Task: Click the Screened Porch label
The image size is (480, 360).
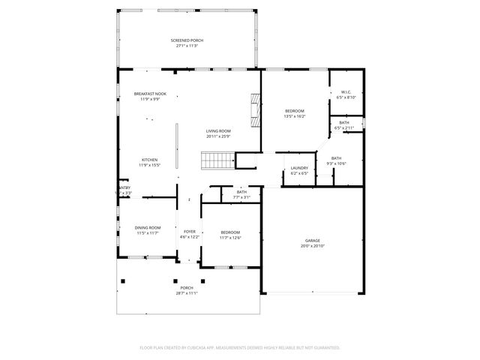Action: [x=187, y=40]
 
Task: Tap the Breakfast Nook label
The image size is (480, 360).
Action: [x=150, y=94]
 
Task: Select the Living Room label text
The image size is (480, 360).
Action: [x=218, y=130]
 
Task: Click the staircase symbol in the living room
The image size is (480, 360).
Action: [x=214, y=160]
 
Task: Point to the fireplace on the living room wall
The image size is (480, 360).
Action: [x=256, y=110]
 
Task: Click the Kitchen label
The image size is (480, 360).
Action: [x=150, y=160]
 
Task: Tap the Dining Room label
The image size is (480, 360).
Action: [x=148, y=227]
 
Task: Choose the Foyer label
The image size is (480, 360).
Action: [x=190, y=232]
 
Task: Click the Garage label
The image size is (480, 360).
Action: [x=312, y=240]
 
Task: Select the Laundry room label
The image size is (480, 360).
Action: [x=299, y=168]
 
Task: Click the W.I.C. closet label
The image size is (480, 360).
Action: [x=346, y=91]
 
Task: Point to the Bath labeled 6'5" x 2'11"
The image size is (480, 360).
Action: [x=343, y=123]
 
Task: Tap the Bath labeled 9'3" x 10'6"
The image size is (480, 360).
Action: [x=336, y=157]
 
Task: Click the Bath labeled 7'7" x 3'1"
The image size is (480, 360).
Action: [x=241, y=192]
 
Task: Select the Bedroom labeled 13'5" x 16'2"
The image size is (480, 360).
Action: [x=294, y=111]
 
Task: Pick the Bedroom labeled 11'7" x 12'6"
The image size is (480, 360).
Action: [x=230, y=232]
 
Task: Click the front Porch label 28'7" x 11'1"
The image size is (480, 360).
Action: [x=187, y=288]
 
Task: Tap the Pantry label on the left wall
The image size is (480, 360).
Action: [x=124, y=188]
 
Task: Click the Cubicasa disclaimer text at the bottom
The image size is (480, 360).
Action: [x=240, y=347]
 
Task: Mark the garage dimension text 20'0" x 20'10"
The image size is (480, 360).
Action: [x=312, y=246]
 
